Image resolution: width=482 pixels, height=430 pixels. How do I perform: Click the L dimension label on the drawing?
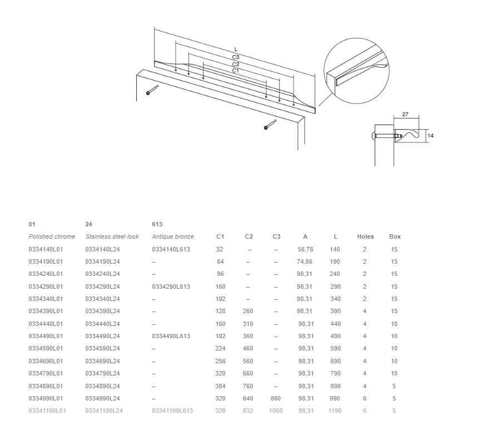[236, 49]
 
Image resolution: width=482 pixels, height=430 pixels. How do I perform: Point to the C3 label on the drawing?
[236, 57]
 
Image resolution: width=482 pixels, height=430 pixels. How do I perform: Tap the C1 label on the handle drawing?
[236, 71]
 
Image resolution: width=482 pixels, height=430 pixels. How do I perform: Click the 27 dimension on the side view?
[405, 115]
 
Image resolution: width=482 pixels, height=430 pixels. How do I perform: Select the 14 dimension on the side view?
[430, 136]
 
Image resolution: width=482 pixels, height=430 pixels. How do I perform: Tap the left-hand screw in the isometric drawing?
[152, 90]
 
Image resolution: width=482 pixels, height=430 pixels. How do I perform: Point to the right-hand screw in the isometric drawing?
[270, 125]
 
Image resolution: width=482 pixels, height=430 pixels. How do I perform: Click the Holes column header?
[365, 236]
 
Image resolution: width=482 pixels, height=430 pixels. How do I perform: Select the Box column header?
[395, 236]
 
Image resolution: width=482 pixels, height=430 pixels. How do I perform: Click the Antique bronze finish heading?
[173, 236]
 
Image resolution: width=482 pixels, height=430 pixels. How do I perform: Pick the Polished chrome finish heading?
[52, 236]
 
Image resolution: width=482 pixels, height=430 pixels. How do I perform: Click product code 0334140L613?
[171, 249]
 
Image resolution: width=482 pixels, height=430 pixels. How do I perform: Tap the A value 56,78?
[305, 249]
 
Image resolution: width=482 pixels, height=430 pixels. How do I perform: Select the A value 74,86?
[305, 262]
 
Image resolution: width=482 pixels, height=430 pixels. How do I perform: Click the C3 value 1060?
[276, 411]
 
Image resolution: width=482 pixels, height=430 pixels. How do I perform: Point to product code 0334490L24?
[103, 336]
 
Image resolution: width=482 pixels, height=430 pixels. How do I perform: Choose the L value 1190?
[335, 411]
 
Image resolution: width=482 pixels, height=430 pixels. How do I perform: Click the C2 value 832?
[248, 411]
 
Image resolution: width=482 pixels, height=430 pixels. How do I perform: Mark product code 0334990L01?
[46, 398]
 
